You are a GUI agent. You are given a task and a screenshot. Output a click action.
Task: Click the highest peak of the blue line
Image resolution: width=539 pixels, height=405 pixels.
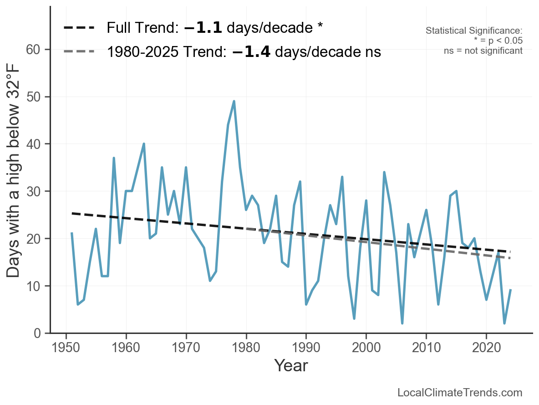pyautogui.click(x=234, y=101)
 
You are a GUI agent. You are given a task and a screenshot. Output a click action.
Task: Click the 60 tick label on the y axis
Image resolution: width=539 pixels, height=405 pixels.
pyautogui.click(x=35, y=49)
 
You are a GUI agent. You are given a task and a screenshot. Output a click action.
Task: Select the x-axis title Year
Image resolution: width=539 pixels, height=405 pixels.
pyautogui.click(x=291, y=365)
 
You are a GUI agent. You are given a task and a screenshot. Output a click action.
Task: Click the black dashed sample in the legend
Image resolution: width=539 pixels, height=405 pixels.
pyautogui.click(x=79, y=28)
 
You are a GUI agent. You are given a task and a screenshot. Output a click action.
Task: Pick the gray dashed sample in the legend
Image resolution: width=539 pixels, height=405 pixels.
pyautogui.click(x=79, y=51)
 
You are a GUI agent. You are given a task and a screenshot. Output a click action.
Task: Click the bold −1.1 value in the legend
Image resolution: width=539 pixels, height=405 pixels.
pyautogui.click(x=203, y=28)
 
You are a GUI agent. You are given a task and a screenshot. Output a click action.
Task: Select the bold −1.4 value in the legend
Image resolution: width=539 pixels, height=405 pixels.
pyautogui.click(x=251, y=51)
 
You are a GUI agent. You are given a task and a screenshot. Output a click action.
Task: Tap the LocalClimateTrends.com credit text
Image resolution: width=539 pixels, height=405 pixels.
pyautogui.click(x=460, y=393)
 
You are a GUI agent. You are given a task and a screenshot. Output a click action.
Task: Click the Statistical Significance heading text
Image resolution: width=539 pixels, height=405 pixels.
pyautogui.click(x=474, y=31)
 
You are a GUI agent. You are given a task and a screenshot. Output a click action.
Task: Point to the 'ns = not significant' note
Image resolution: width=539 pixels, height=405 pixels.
pyautogui.click(x=483, y=51)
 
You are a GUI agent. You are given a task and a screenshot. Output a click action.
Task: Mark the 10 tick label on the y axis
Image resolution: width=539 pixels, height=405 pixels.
pyautogui.click(x=35, y=286)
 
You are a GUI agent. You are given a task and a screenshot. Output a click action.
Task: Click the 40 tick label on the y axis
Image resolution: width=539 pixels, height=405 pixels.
pyautogui.click(x=35, y=144)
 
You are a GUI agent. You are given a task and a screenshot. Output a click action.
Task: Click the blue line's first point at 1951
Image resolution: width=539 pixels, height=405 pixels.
pyautogui.click(x=72, y=233)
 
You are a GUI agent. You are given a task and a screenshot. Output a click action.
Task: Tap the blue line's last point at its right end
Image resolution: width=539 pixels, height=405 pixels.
pyautogui.click(x=511, y=290)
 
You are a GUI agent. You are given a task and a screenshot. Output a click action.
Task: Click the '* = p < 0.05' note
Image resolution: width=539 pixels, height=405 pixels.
pyautogui.click(x=498, y=41)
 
